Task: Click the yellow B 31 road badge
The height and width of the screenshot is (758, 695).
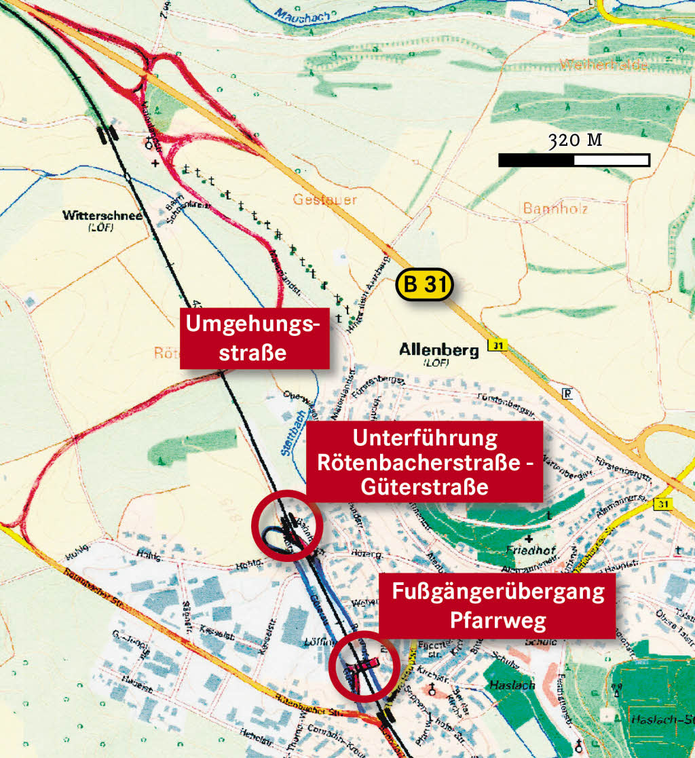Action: tap(424, 285)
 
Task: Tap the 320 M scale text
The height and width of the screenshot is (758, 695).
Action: tap(575, 140)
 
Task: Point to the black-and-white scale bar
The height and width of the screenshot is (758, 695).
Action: tap(574, 160)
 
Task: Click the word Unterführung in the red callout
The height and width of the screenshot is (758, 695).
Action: tap(425, 438)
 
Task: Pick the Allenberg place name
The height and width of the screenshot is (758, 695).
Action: tap(438, 350)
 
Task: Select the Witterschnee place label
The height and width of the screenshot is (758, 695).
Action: tap(102, 216)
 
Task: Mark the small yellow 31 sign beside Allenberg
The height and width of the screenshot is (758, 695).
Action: tap(498, 346)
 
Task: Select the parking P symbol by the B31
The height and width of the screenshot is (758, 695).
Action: tap(567, 393)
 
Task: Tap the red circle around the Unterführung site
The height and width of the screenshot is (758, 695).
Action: tap(286, 525)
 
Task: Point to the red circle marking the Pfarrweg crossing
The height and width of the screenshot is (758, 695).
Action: tap(364, 666)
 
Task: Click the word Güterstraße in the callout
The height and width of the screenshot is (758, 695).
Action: tap(425, 487)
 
